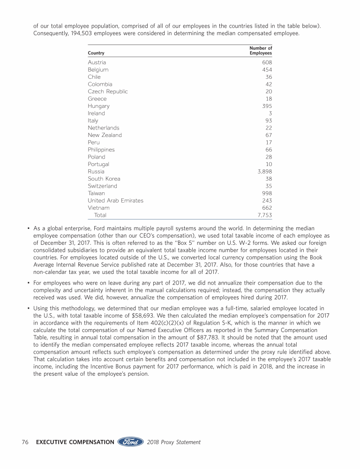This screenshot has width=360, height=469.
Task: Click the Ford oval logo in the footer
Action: pyautogui.click(x=130, y=442)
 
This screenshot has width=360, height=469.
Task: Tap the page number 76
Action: pyautogui.click(x=26, y=442)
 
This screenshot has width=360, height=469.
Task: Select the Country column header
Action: pyautogui.click(x=96, y=53)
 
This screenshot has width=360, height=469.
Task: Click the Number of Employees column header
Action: pyautogui.click(x=261, y=50)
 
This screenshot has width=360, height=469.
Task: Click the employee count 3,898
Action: pyautogui.click(x=263, y=172)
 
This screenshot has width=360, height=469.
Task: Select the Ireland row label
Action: pyautogui.click(x=96, y=113)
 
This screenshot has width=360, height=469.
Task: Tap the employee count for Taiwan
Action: pyautogui.click(x=267, y=193)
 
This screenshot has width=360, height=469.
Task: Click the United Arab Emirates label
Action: pyautogui.click(x=115, y=201)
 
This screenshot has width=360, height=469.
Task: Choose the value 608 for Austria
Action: pyautogui.click(x=267, y=62)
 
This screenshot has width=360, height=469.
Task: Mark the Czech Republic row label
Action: pyautogui.click(x=107, y=91)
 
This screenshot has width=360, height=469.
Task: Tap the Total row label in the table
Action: pyautogui.click(x=100, y=215)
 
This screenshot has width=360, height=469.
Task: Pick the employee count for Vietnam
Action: pyautogui.click(x=267, y=208)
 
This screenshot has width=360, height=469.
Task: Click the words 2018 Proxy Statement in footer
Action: pyautogui.click(x=174, y=442)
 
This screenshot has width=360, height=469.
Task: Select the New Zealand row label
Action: pyautogui.click(x=105, y=135)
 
